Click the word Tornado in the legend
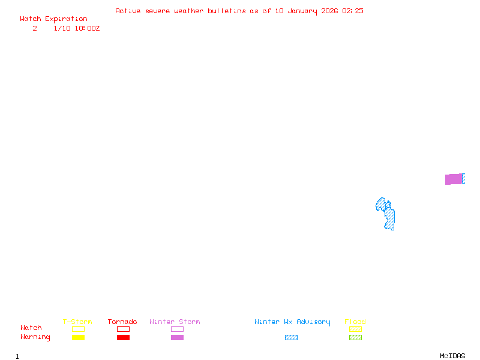[x=122, y=322]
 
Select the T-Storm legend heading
[x=77, y=322]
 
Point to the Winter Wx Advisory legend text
[x=292, y=322]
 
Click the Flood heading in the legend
[x=355, y=322]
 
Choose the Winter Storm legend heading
[x=175, y=322]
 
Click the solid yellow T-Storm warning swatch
[x=78, y=338]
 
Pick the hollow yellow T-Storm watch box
[x=78, y=329]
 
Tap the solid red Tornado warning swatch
[x=123, y=338]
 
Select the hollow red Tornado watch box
[x=123, y=329]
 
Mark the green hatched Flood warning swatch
[x=355, y=338]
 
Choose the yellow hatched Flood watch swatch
[x=355, y=329]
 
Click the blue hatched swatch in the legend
[x=291, y=338]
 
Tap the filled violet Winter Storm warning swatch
[x=177, y=338]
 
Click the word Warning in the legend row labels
[x=35, y=337]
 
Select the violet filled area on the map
[x=453, y=179]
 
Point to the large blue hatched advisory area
[x=389, y=217]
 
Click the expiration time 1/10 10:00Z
[x=76, y=28]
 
